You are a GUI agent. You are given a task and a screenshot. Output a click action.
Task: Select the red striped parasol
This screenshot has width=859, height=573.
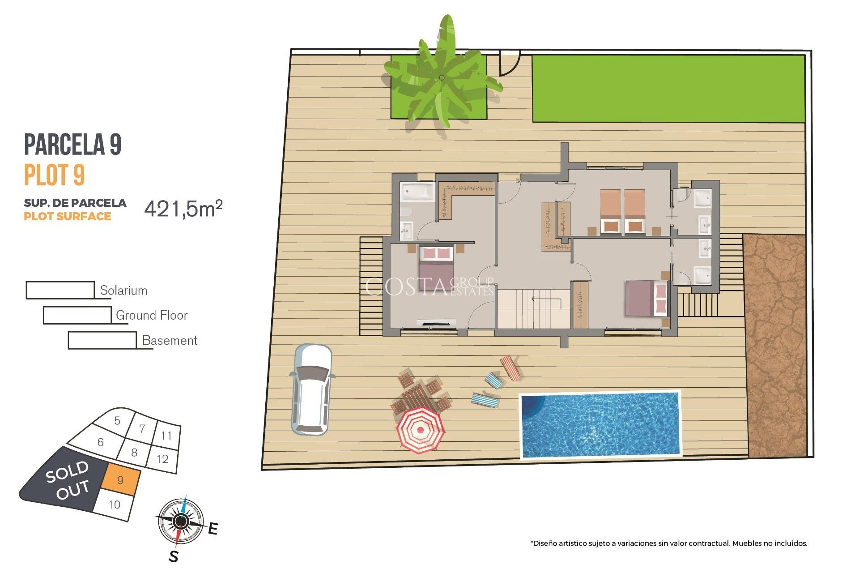click(x=420, y=430)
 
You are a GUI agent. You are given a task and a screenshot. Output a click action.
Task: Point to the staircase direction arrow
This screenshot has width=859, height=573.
click(x=546, y=299)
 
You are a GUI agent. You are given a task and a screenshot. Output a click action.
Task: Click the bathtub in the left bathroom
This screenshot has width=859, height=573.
click(x=417, y=192)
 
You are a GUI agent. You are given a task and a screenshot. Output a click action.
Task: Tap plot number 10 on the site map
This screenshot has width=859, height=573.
click(x=114, y=505)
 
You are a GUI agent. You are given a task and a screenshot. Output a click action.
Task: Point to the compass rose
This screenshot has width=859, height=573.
click(x=181, y=521)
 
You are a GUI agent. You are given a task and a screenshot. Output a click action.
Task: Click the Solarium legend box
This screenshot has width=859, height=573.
click(x=60, y=290)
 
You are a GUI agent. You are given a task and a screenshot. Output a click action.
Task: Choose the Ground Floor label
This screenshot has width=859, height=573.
click(x=151, y=315)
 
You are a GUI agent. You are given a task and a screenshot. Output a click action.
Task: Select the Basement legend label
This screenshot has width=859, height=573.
click(x=169, y=340)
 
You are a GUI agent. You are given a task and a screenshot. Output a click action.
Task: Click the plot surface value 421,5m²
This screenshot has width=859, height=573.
click(x=183, y=209)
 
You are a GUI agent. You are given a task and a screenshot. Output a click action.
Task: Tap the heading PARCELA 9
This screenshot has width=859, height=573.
click(x=72, y=144)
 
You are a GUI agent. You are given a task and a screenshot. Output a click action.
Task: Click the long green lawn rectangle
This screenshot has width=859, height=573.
click(x=668, y=89)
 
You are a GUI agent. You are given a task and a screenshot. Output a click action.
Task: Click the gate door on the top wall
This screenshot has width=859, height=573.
click(x=510, y=63)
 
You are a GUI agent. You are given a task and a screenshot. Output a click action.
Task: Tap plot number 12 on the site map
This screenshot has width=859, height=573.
click(x=162, y=459)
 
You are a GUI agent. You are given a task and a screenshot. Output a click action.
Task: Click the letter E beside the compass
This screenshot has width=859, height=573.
click(x=213, y=529)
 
